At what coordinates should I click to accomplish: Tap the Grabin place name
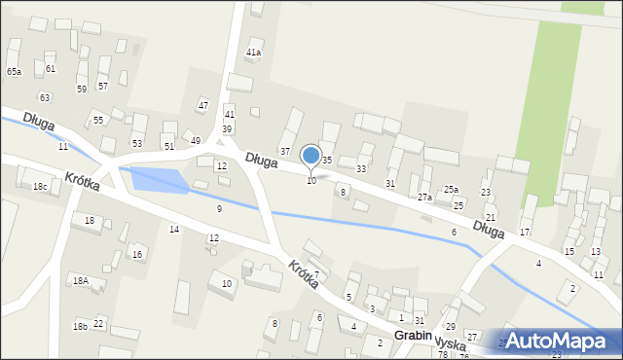pos(413,335)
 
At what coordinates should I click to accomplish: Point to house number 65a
pos(14,72)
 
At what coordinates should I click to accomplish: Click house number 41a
pos(254,53)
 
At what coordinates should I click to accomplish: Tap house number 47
pos(203,105)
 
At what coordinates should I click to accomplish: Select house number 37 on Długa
pos(285,151)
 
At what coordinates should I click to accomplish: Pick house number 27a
pos(424,198)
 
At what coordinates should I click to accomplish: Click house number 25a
pos(451,190)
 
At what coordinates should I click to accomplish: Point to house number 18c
pos(39,186)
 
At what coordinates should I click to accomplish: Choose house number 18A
pos(81,280)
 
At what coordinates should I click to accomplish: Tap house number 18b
pos(80,326)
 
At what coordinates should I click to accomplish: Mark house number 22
pos(98,323)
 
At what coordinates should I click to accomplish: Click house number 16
pos(137,255)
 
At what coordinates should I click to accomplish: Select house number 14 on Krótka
pos(174,230)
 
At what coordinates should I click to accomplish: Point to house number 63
pos(44,97)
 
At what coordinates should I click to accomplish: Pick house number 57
pos(103,87)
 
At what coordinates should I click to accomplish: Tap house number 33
pos(361,169)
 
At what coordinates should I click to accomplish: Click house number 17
pos(525,233)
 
